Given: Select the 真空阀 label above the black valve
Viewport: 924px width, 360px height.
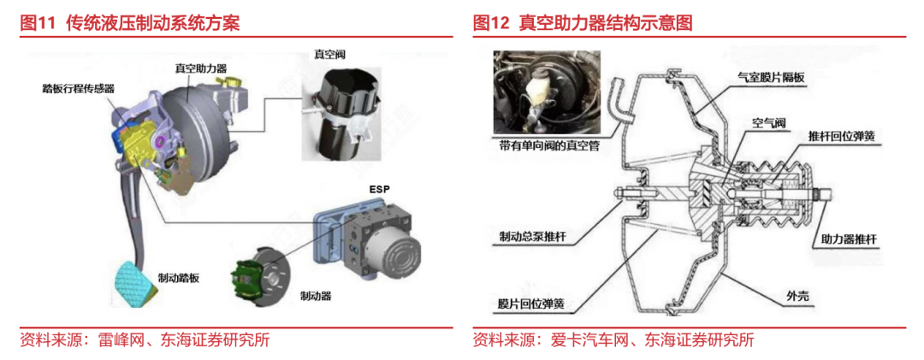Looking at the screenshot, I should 329,54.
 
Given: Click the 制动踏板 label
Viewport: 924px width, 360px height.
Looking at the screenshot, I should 178,278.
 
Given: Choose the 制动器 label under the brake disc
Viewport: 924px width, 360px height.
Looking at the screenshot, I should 316,296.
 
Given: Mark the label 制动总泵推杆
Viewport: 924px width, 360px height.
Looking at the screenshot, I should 536,235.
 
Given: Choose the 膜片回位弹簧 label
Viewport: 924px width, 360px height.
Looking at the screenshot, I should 536,303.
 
